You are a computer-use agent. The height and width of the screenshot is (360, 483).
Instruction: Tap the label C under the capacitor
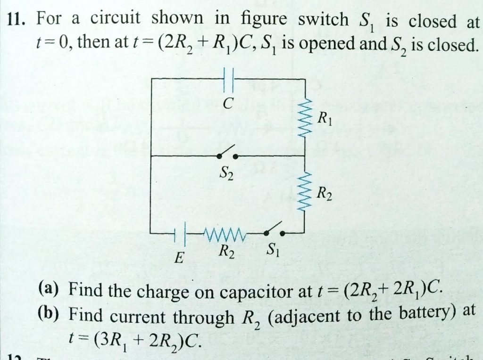pos(227,105)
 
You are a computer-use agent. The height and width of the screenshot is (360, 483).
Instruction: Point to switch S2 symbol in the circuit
pos(226,154)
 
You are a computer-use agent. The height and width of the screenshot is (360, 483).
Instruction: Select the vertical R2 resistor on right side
pos(307,192)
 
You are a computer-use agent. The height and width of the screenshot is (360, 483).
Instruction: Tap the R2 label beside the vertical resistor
pos(325,193)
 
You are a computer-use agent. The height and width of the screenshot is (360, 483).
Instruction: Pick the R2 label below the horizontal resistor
pos(225,252)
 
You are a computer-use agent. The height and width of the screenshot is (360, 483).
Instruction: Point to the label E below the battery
pos(179,258)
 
